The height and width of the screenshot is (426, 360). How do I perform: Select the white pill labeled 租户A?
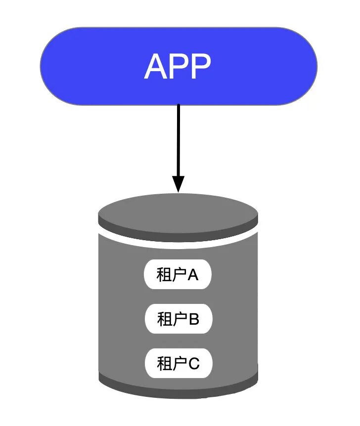pos(178,275)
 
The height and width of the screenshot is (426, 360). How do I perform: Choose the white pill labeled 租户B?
pos(178,319)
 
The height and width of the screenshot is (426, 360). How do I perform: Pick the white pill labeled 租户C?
pos(178,364)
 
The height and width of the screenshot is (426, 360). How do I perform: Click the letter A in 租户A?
pos(193,275)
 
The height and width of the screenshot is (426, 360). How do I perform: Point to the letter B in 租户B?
pos(194,319)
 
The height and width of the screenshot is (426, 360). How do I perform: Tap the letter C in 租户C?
pos(194,364)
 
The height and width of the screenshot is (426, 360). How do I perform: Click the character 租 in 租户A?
pos(164,275)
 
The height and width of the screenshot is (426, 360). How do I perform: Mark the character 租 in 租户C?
pos(164,364)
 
